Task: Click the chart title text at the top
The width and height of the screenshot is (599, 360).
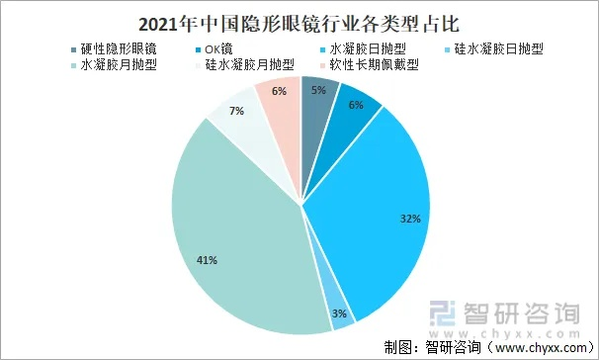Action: tap(300, 20)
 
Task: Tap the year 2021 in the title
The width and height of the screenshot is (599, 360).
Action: tap(157, 20)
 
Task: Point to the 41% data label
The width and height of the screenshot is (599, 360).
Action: tap(207, 259)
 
